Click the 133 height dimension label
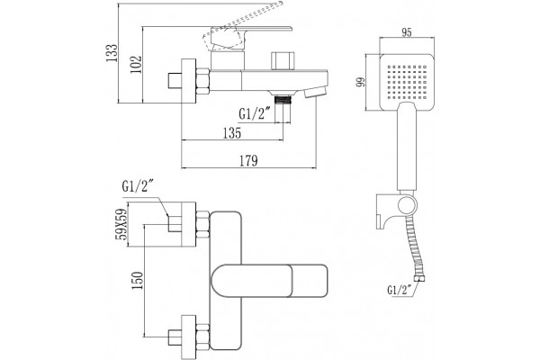(112, 53)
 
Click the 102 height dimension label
(136, 64)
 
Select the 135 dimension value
(232, 133)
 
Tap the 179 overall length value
(248, 161)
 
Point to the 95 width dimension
(407, 32)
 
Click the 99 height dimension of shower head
(361, 82)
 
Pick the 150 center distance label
(138, 281)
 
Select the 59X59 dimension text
(121, 225)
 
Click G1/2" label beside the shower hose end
(400, 290)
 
